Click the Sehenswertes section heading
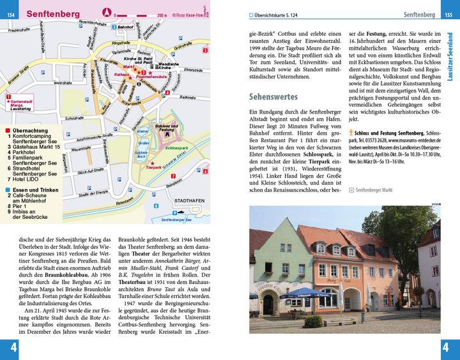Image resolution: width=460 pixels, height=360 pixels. pos(273,97)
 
